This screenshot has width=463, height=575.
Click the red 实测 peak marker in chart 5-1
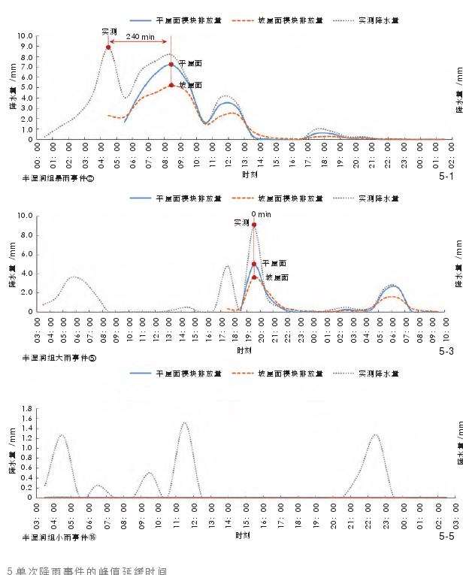pyautogui.click(x=108, y=47)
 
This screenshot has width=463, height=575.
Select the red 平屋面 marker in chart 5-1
pyautogui.click(x=171, y=65)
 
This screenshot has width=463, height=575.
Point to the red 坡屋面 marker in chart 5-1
pyautogui.click(x=171, y=85)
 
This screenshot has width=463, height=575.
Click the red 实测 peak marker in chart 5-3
pyautogui.click(x=254, y=225)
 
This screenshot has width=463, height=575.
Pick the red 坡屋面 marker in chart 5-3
pyautogui.click(x=254, y=277)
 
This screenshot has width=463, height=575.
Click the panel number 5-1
pyautogui.click(x=446, y=177)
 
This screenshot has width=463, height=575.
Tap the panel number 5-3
pyautogui.click(x=446, y=351)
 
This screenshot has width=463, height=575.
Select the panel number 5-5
pyautogui.click(x=446, y=537)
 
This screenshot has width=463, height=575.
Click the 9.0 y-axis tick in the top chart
pyautogui.click(x=27, y=47)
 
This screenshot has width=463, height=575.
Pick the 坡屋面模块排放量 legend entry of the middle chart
pyautogui.click(x=277, y=198)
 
